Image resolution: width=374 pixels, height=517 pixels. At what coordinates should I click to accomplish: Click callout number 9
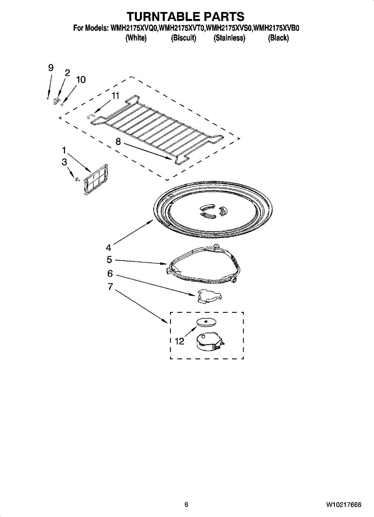[51, 68]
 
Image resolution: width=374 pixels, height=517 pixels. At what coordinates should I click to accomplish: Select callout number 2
[67, 73]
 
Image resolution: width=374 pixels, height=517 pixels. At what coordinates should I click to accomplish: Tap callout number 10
[80, 80]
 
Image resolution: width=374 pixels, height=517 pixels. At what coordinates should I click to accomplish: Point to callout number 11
[115, 96]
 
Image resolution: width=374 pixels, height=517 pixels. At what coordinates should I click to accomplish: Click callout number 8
[118, 141]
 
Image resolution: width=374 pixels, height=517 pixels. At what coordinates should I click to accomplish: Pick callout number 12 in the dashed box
[179, 341]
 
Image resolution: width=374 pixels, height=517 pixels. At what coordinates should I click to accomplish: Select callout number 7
[110, 287]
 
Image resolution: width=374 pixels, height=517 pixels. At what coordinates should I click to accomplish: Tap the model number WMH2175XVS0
[229, 28]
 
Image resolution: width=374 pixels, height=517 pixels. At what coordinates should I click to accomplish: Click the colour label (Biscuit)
[184, 38]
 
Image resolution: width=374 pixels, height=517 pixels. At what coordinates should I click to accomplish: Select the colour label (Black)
[278, 38]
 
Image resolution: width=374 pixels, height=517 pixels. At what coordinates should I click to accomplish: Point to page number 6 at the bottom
[186, 505]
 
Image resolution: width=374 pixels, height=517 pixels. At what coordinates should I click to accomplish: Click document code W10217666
[343, 505]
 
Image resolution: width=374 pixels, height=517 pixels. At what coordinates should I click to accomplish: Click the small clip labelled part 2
[56, 101]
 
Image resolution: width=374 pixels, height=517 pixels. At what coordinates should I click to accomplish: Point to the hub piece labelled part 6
[208, 296]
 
